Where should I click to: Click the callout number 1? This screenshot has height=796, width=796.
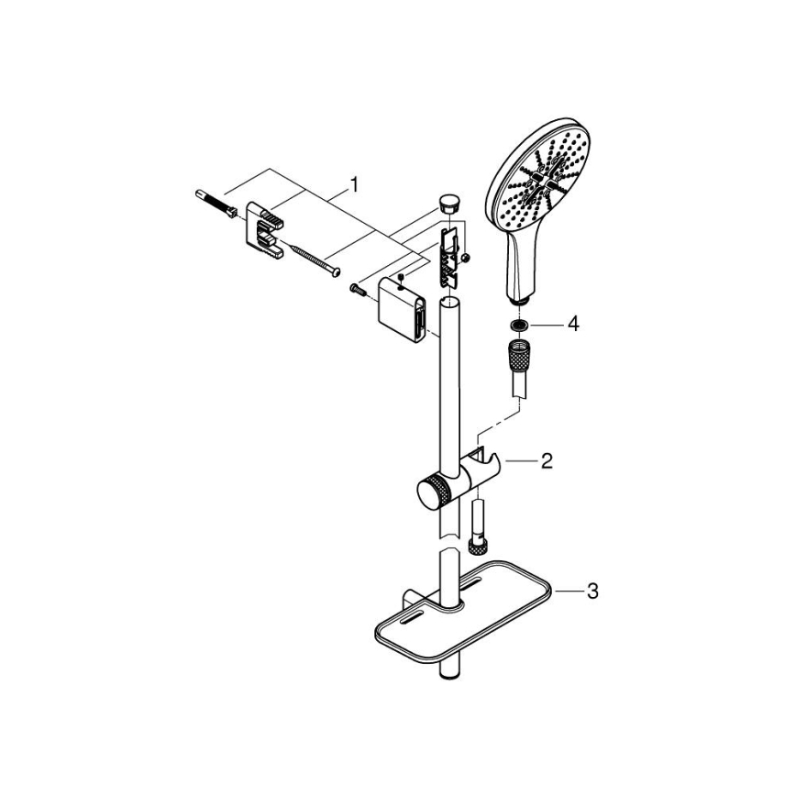coord(354,186)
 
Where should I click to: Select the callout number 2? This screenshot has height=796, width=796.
coord(546,460)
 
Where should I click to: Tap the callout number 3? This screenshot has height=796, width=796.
coord(591,591)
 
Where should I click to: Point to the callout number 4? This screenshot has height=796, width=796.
coord(572,324)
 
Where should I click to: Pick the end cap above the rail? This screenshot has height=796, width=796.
coord(448,203)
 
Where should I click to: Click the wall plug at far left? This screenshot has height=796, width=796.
coord(214,203)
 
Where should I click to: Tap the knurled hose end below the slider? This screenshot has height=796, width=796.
coord(477,547)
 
